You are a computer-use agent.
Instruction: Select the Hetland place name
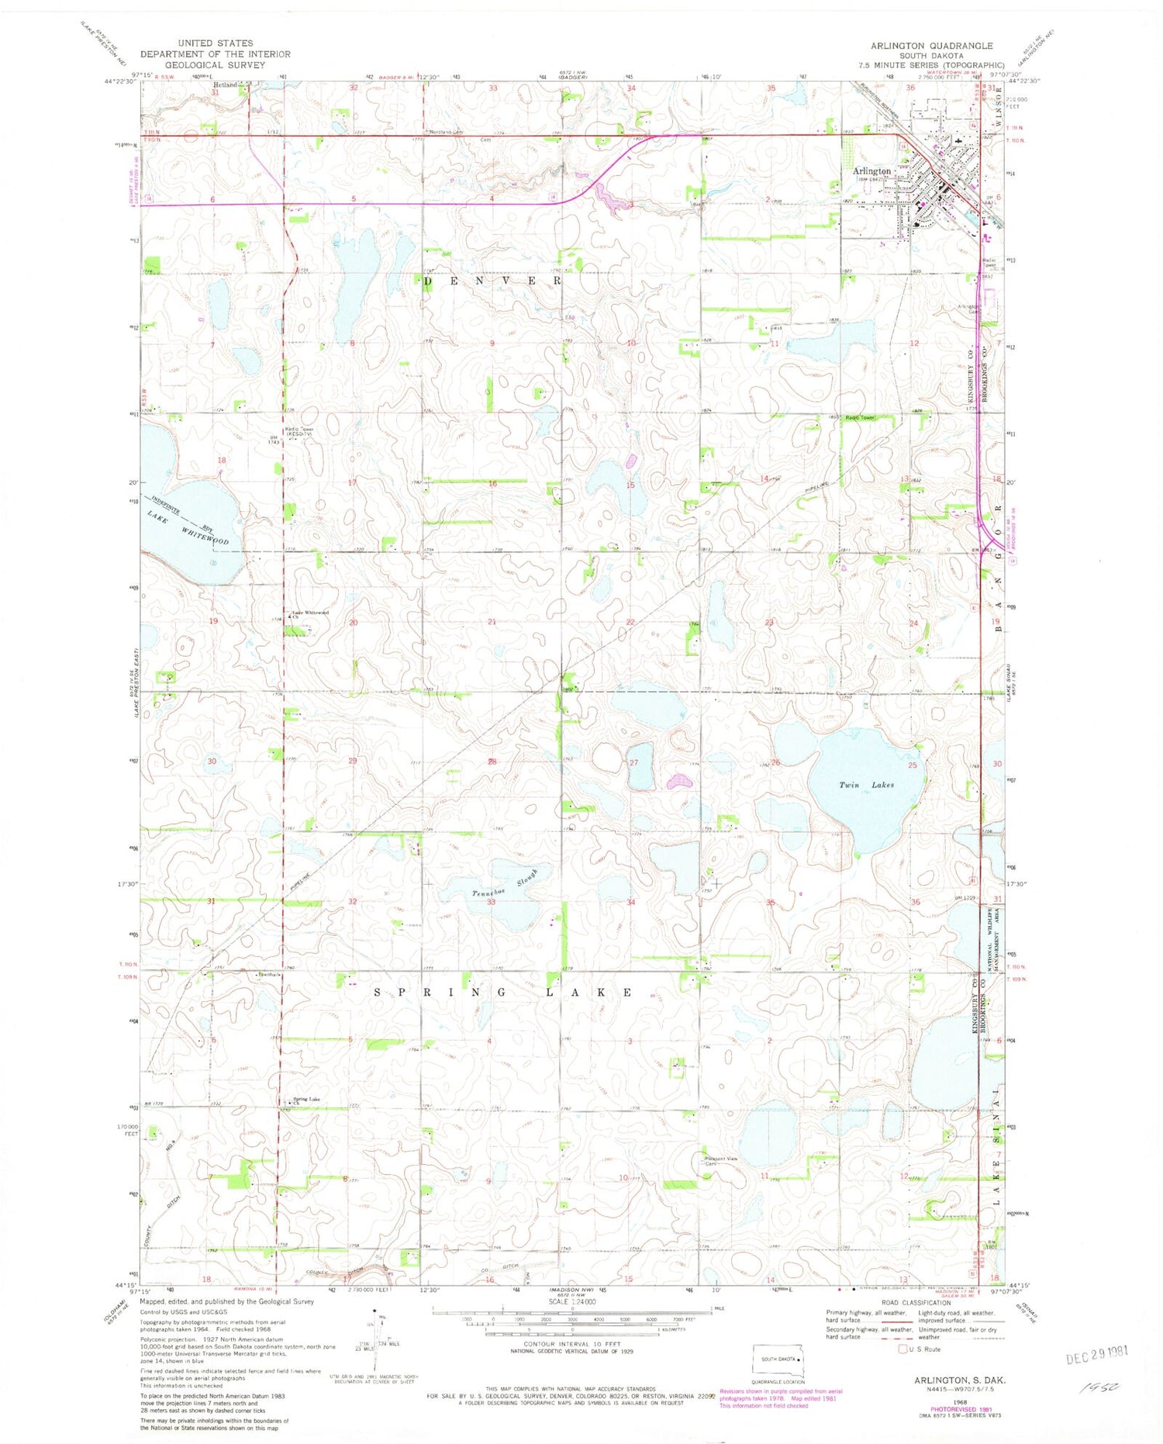coord(226,85)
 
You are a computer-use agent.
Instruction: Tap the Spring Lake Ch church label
coord(305,1099)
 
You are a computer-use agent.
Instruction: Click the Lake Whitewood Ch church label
coord(309,613)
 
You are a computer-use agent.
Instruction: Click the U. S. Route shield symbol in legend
coord(902,1349)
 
